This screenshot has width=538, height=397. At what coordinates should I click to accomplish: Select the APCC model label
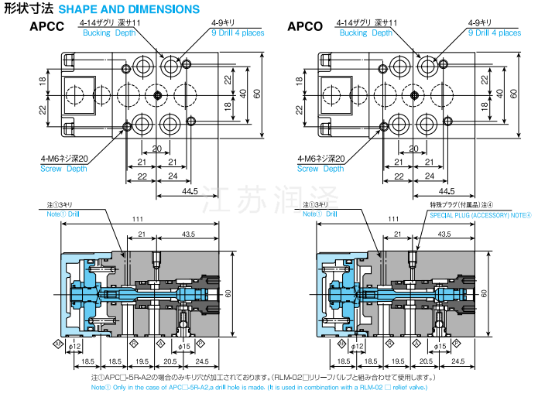coord(48,28)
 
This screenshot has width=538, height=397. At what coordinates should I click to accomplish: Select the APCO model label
coord(306,28)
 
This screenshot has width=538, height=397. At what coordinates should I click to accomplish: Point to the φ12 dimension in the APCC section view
coord(75,346)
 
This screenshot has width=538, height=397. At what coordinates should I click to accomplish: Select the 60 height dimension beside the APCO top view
coord(513,92)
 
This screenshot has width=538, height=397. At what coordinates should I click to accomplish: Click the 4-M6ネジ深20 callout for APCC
coord(64,159)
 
